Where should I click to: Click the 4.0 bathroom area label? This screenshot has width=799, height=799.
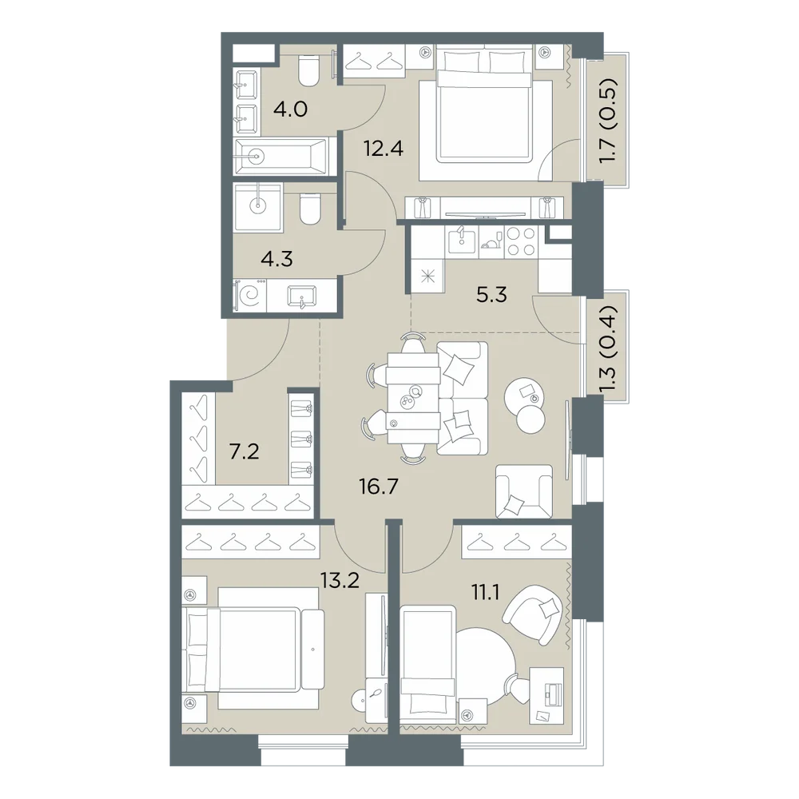point(290,109)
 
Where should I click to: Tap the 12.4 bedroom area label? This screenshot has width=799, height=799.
point(384,149)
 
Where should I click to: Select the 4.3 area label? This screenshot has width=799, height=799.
point(276,260)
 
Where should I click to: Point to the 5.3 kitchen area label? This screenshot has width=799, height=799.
point(491,295)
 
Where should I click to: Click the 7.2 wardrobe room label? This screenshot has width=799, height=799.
point(244,451)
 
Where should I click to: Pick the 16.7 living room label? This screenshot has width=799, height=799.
point(379,487)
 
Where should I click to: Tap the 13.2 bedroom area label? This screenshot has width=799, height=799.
point(340,579)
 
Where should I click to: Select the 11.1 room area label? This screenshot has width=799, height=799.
point(485,593)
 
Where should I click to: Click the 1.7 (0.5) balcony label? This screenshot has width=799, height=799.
point(608,121)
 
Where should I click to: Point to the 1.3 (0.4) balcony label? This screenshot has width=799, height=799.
point(608,350)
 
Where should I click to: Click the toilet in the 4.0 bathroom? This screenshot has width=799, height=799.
point(309,70)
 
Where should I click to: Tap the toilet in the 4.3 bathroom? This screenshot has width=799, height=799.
point(308,209)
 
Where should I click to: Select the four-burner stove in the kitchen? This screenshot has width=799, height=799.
point(521,241)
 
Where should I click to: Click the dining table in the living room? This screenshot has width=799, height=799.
point(413,397)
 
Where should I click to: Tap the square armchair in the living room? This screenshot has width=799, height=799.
point(524,491)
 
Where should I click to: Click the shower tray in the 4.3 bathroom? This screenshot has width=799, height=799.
point(258,206)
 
